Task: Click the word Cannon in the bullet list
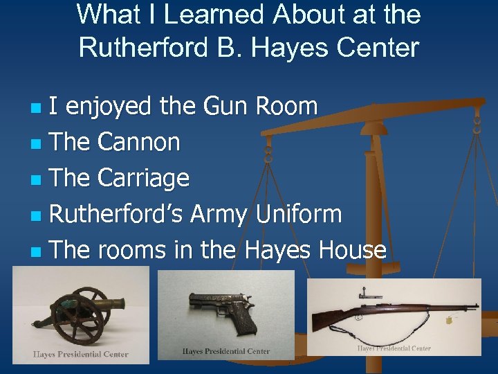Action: pos(139,142)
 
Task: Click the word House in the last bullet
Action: pos(352,249)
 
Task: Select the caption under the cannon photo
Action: pos(81,354)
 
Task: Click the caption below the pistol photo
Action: pos(225,351)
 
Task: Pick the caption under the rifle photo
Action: pos(394,348)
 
